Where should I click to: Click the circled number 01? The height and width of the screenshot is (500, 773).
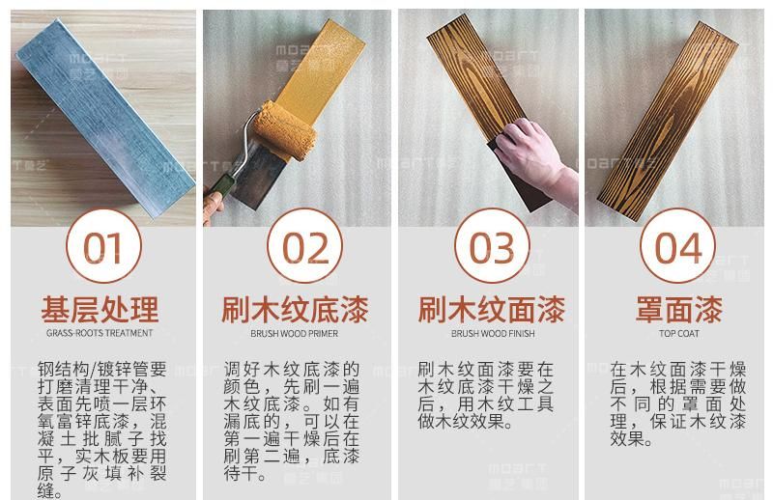101,248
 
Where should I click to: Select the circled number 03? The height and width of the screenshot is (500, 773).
492,248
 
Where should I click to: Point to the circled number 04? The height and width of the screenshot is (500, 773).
677,248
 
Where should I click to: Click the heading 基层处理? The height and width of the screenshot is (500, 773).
100,310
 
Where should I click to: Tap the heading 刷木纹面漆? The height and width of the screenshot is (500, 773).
492,310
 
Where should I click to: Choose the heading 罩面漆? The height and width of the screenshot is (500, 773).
678,310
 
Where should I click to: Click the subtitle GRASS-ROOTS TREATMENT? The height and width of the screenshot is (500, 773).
100,334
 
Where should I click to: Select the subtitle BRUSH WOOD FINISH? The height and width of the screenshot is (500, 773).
492,334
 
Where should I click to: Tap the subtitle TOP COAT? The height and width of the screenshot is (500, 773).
678,334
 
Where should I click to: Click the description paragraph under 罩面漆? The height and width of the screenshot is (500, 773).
678,405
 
